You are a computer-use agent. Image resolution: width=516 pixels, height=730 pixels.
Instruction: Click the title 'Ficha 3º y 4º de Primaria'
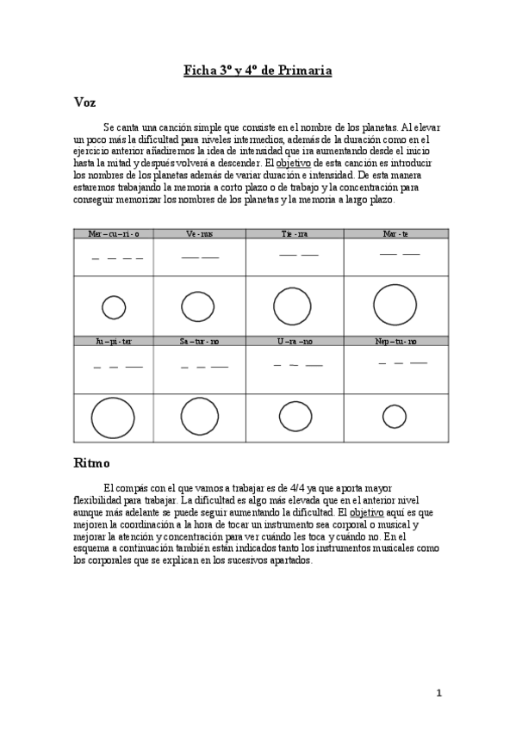[258, 71]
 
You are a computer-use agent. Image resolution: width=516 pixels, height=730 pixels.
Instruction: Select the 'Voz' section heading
[84, 102]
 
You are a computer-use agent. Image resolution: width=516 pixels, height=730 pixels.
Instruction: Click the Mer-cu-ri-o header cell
[113, 233]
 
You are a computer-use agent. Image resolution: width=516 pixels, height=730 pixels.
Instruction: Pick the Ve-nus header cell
[199, 233]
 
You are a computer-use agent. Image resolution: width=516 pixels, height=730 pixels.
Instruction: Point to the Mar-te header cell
[395, 233]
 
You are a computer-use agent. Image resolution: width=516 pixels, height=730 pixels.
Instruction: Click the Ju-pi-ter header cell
[113, 341]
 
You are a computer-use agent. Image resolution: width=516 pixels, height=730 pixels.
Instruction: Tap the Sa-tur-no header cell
[199, 341]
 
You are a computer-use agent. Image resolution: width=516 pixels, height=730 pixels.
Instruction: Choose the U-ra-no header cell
[295, 341]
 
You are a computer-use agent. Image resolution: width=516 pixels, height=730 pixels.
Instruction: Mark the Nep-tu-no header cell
[396, 341]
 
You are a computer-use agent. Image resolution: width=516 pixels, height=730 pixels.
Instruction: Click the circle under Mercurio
[114, 307]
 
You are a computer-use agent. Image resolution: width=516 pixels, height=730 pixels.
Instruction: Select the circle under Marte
[395, 305]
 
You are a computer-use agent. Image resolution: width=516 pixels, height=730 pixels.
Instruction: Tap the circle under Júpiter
[113, 418]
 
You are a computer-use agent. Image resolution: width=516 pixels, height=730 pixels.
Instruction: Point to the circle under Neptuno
[395, 417]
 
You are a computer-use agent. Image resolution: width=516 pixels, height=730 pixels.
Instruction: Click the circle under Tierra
[292, 306]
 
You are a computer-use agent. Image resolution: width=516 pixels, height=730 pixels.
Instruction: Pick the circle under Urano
[295, 417]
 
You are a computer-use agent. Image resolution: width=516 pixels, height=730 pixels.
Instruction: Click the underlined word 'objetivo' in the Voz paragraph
[295, 163]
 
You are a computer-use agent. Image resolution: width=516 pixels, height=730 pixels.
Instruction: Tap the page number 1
[438, 693]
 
